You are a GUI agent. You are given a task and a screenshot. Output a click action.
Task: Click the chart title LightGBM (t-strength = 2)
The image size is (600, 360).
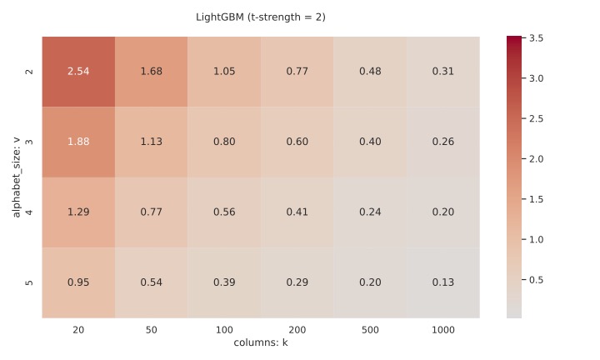coord(261,17)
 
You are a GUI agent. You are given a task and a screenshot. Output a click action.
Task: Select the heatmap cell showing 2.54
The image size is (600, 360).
coord(78,71)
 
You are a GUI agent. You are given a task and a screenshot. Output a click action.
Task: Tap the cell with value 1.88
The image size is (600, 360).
coord(78,142)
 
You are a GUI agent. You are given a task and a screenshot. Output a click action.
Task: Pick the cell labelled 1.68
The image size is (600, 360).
coord(151,71)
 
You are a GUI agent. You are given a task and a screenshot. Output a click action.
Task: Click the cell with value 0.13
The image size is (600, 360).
coord(442,282)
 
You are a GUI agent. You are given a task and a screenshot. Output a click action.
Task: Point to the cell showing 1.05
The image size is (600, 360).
coord(224,71)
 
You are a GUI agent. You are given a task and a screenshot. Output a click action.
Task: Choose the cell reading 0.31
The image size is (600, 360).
coord(442,71)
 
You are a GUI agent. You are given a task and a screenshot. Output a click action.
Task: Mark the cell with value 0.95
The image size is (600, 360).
coord(78,282)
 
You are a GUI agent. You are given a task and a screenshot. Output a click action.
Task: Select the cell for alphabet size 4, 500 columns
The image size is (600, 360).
coord(370,212)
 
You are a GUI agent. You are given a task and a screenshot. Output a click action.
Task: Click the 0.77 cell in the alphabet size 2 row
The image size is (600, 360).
coord(297,71)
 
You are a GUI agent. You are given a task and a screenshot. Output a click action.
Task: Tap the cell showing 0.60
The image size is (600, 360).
coord(297,142)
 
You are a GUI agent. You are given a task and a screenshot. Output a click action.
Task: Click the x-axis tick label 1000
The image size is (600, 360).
coord(442,330)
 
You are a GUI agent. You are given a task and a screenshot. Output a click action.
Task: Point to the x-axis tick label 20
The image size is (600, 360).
coord(78,330)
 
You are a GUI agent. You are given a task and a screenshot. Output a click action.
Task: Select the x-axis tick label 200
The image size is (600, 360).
coord(297,330)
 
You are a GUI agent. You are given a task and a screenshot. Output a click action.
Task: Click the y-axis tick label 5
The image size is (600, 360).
coord(30,282)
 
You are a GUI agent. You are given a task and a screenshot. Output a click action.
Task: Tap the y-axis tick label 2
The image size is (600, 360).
coord(30,71)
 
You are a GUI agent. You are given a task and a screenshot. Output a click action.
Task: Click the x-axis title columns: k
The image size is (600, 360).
coord(261,342)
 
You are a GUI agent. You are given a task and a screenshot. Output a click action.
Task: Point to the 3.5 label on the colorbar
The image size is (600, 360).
coord(537,38)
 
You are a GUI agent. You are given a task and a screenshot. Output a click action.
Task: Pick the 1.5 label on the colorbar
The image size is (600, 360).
coord(537,199)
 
